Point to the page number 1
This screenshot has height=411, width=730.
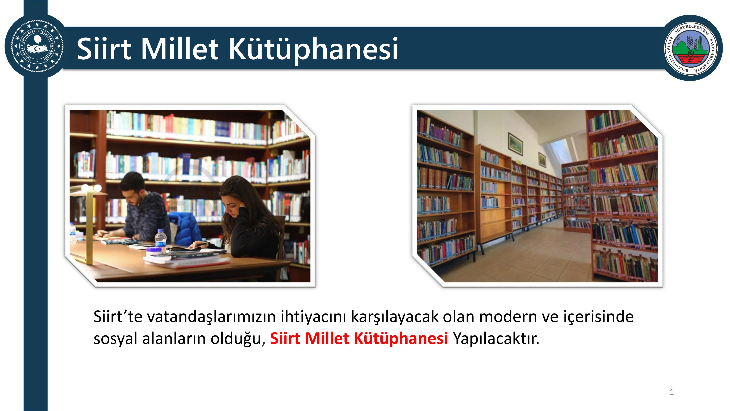tap(671, 392)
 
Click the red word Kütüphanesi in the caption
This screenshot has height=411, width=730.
tap(401, 338)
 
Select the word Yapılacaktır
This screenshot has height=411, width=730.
tap(496, 338)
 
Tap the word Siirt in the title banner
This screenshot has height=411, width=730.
tap(104, 49)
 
